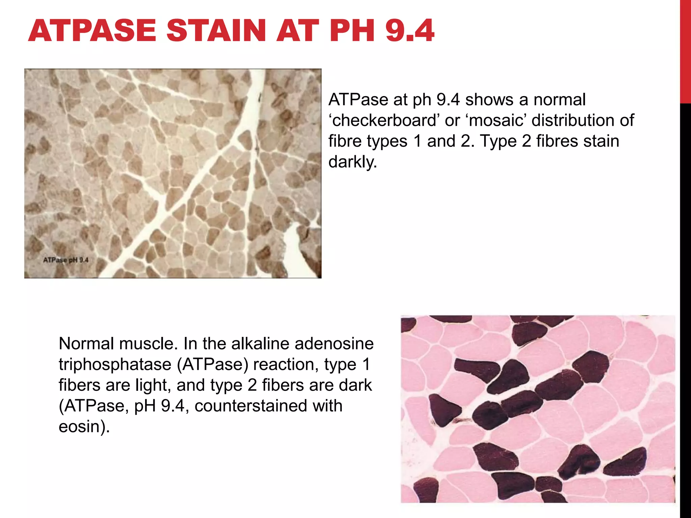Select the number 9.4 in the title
(410, 31)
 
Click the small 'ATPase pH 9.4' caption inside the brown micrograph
(66, 260)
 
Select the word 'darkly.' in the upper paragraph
(353, 162)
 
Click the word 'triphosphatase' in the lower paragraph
(115, 365)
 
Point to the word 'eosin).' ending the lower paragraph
(84, 427)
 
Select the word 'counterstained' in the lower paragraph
(268, 406)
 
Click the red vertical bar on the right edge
(685, 51)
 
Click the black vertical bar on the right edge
(685, 304)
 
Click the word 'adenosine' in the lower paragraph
(334, 344)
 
